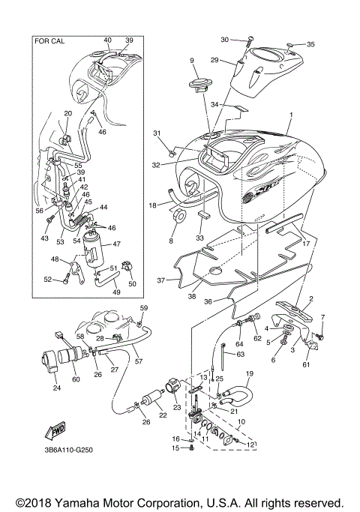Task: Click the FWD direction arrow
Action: pyautogui.click(x=55, y=431)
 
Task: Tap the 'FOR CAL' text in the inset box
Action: pyautogui.click(x=49, y=41)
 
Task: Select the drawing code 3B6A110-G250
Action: pyautogui.click(x=68, y=450)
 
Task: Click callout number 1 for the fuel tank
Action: pyautogui.click(x=291, y=115)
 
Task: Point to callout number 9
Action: pyautogui.click(x=192, y=60)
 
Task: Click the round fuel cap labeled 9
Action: pyautogui.click(x=199, y=84)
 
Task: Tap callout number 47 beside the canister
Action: pyautogui.click(x=116, y=244)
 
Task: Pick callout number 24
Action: pyautogui.click(x=55, y=388)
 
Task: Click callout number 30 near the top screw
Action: pyautogui.click(x=225, y=40)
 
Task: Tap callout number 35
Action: pyautogui.click(x=310, y=43)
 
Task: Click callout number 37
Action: pyautogui.click(x=161, y=280)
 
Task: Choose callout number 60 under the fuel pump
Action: pyautogui.click(x=76, y=379)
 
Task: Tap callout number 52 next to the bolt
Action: pyautogui.click(x=48, y=279)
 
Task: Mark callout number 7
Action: pyautogui.click(x=322, y=317)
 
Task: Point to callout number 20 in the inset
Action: pyautogui.click(x=68, y=113)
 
